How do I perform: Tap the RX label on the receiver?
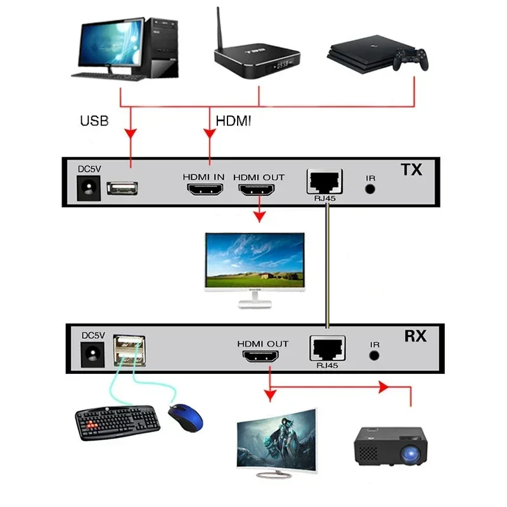pos(415,336)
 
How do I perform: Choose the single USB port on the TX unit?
pos(122,188)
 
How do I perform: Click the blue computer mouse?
pos(186,418)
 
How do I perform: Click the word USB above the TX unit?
pos(94,120)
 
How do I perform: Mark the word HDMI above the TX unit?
pos(233,120)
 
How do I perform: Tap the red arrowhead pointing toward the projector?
pos(383,386)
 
